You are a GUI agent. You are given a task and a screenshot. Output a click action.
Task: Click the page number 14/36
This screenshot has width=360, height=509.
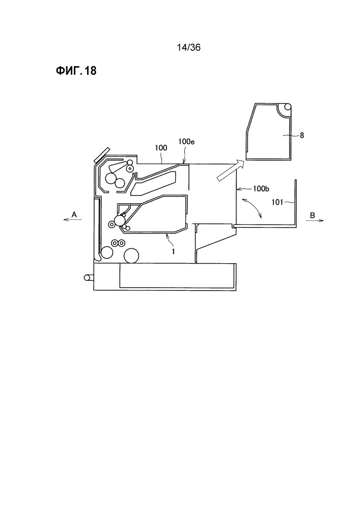tap(188, 48)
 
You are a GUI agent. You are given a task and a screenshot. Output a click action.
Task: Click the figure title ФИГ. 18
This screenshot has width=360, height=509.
tap(76, 71)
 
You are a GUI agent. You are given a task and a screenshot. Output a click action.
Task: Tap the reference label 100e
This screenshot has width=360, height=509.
tap(186, 142)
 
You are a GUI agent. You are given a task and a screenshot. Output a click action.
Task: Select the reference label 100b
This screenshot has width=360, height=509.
tap(261, 189)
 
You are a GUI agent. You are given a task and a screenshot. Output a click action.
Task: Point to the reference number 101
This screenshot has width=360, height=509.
tap(277, 203)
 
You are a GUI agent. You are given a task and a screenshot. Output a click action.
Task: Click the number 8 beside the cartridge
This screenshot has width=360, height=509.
tap(302, 135)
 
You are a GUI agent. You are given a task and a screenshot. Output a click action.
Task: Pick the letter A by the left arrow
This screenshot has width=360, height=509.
tap(74, 215)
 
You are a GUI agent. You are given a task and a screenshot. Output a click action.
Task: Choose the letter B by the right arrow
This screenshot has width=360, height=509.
tap(312, 215)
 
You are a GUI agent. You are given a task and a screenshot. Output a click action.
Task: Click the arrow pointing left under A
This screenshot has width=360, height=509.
tap(72, 220)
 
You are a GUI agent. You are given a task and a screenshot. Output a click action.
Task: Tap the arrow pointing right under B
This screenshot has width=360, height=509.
tap(315, 220)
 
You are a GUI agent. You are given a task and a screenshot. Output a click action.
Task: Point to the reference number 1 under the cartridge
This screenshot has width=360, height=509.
tap(173, 251)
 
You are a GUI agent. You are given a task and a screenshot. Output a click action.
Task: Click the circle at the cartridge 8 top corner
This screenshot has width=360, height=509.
tap(287, 107)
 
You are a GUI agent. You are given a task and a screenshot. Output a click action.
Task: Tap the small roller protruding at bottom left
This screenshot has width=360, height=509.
tap(88, 277)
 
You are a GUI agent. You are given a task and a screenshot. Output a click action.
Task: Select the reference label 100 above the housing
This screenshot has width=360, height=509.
tap(161, 148)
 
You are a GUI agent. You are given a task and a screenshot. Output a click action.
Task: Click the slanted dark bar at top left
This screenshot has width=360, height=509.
tap(102, 155)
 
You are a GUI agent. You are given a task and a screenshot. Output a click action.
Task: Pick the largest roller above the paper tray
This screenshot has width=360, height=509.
tap(132, 256)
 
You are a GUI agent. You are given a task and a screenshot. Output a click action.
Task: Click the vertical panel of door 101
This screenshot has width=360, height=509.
tap(295, 203)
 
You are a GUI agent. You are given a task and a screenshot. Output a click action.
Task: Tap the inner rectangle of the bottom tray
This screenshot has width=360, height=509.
tap(177, 275)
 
